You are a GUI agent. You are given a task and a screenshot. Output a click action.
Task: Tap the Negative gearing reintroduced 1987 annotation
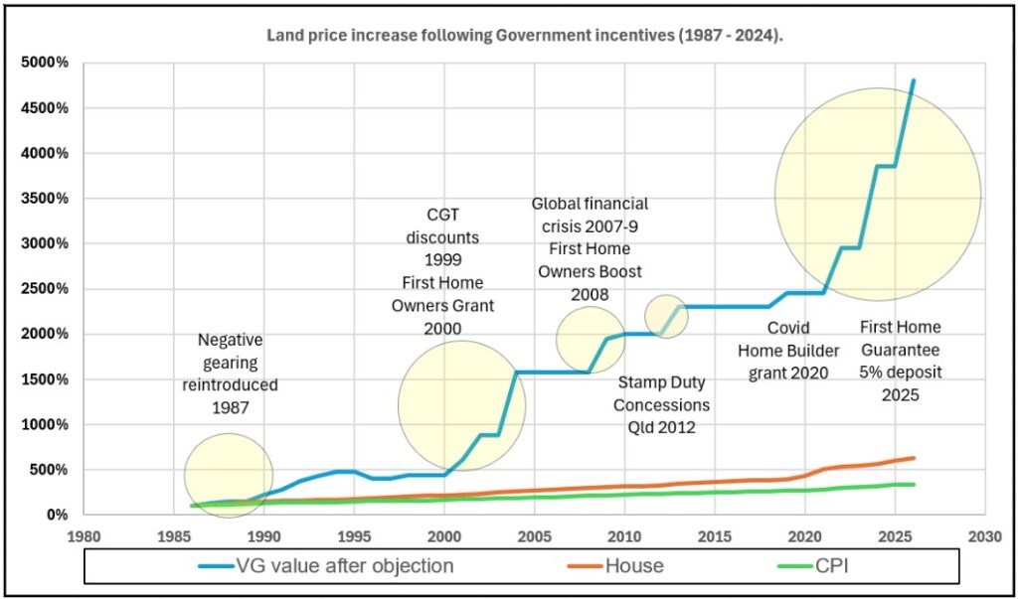coord(231,374)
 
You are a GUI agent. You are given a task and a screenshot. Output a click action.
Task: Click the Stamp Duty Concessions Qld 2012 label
coord(661,404)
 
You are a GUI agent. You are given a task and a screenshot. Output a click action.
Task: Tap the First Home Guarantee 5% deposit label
coord(900,361)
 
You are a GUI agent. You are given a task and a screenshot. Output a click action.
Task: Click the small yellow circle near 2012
coord(666,316)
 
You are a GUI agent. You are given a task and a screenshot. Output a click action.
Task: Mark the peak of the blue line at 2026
coord(914,80)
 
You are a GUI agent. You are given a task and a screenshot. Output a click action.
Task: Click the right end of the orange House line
coord(914,458)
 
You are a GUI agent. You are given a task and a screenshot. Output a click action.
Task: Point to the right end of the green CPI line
coord(914,485)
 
